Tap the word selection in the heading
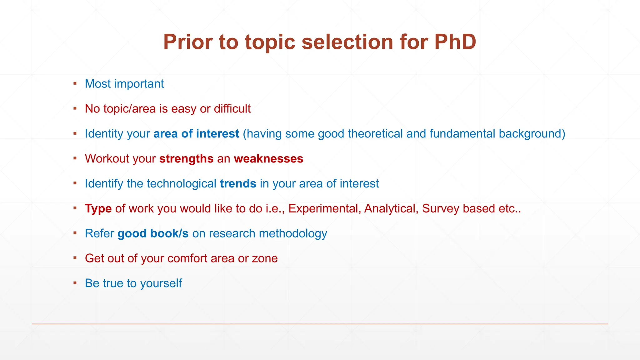pos(347,42)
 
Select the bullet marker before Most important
pos(75,83)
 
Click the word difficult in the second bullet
pos(232,109)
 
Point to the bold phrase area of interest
pos(196,134)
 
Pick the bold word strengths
pos(186,159)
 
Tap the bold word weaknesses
pos(268,159)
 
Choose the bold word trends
pos(238,183)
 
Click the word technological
pos(181,183)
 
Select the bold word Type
pos(98,208)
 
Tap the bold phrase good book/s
pos(153,233)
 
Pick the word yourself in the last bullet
pos(161,283)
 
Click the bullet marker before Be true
pos(75,283)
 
